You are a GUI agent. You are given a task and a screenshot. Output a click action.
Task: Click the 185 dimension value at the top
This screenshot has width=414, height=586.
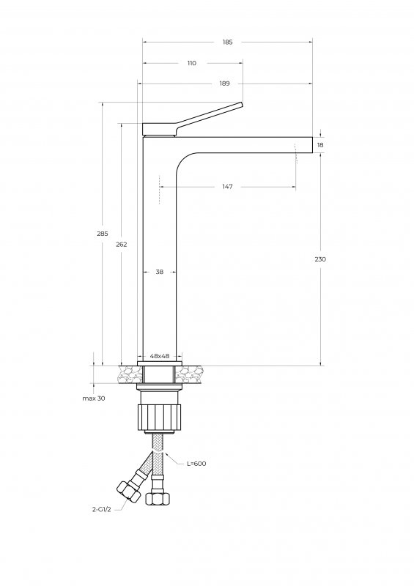[x=227, y=42]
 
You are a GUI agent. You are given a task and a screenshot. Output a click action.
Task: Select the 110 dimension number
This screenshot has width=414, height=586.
[x=191, y=63]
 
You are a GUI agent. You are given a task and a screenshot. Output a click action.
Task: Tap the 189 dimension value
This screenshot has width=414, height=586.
[x=224, y=84]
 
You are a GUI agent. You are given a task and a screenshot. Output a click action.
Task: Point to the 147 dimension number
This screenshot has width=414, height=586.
[x=227, y=187]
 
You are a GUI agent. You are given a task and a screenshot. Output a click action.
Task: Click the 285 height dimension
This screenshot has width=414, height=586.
[x=103, y=234]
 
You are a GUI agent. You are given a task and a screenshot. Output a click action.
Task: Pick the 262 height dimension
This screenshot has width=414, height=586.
[x=122, y=245]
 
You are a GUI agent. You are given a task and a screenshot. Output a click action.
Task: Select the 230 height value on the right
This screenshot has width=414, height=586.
[x=320, y=259]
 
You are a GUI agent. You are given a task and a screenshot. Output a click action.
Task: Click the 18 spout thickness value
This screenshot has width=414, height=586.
[x=320, y=145]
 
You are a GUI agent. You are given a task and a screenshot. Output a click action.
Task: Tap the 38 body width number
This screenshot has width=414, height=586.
[x=159, y=272]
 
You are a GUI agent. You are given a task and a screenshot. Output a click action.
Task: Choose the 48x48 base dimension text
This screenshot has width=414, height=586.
[x=160, y=356]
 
